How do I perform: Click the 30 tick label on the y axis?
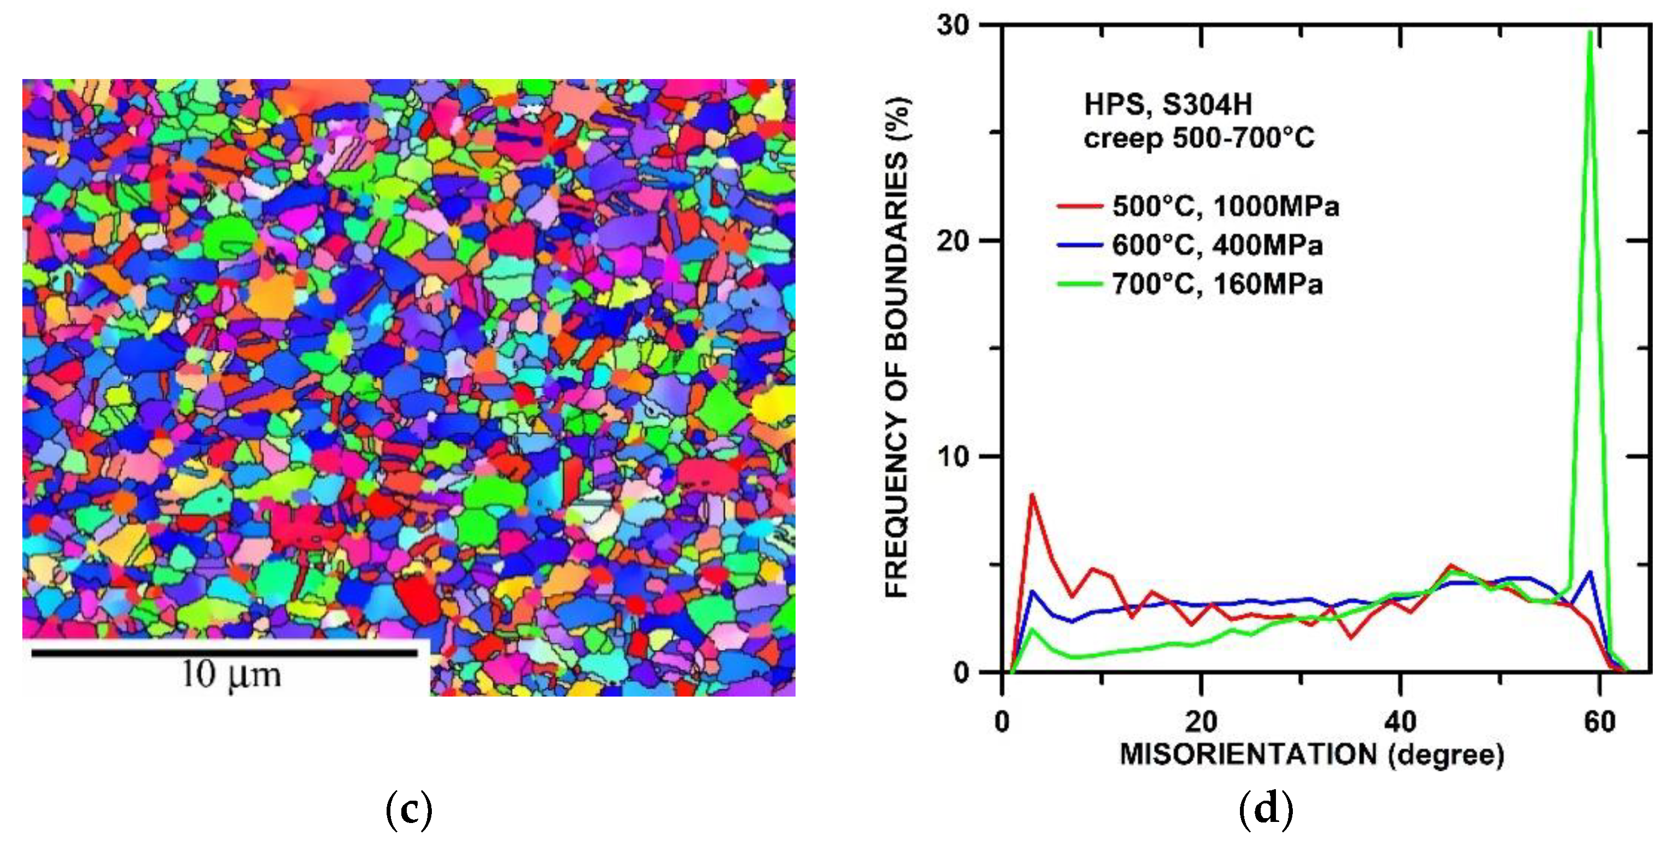[x=953, y=26]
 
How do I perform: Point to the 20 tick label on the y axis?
[x=954, y=241]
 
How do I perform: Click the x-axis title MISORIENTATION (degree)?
[x=1312, y=755]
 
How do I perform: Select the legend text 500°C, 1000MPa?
[x=1226, y=207]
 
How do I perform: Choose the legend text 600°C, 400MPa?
[x=1217, y=245]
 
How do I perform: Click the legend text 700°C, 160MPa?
[x=1217, y=284]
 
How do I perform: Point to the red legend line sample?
[x=1080, y=207]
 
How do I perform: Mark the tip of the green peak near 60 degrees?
[x=1589, y=32]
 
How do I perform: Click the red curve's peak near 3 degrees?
[x=1032, y=495]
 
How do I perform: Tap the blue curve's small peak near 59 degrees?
[x=1589, y=572]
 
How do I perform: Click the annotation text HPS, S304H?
[x=1168, y=105]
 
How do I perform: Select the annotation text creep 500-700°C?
[x=1199, y=138]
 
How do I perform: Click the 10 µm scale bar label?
[x=231, y=675]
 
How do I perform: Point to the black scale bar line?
[x=225, y=653]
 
